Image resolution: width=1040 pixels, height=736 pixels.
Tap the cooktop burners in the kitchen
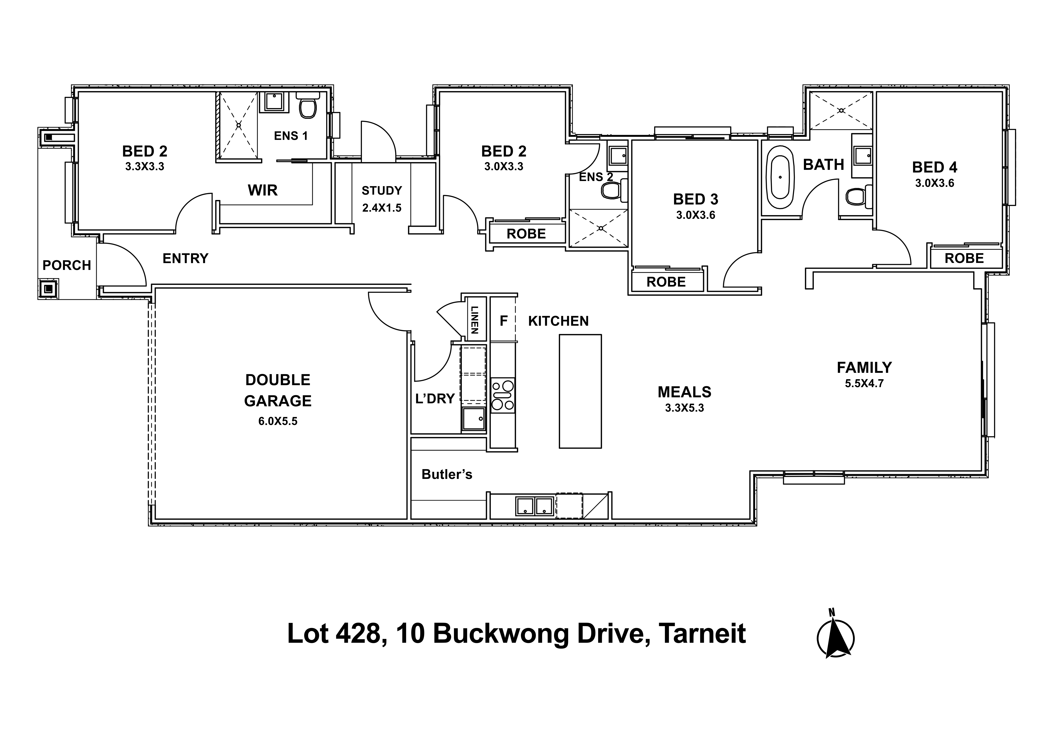503,395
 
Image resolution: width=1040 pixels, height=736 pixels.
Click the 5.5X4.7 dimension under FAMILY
864,383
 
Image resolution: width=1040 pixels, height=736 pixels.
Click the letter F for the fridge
503,321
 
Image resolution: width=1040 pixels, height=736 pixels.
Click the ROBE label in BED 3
666,282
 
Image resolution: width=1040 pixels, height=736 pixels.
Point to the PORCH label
67,265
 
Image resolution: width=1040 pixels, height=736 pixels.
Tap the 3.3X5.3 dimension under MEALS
684,408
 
